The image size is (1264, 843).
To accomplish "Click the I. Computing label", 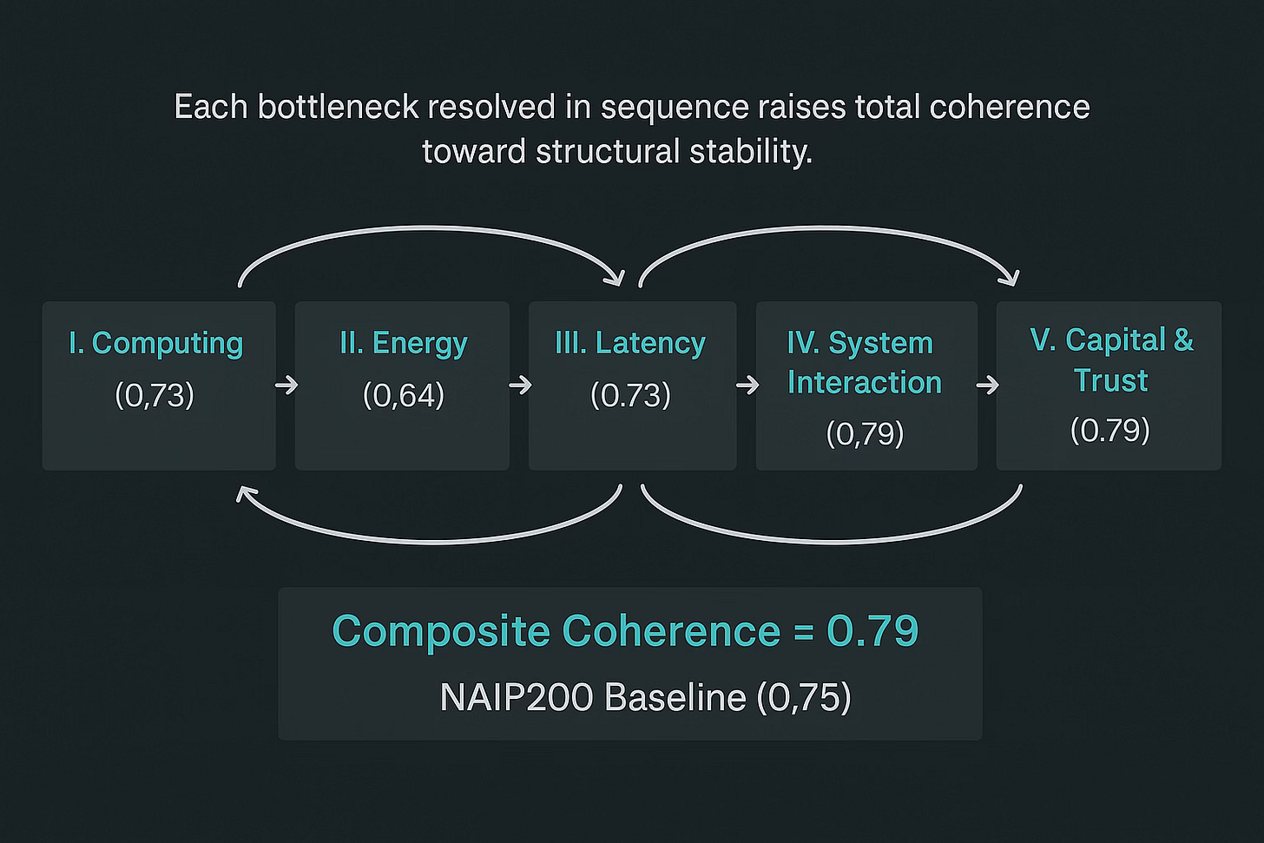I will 156,344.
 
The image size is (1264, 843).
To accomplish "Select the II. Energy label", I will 404,344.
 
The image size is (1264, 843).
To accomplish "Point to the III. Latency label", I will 630,344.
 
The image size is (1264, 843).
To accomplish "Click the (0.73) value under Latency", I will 631,396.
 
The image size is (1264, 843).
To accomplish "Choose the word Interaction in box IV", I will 865,383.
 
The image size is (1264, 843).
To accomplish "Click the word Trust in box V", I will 1110,381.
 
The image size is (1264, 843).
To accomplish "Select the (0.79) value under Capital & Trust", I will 1110,431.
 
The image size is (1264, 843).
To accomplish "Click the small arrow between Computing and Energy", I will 286,385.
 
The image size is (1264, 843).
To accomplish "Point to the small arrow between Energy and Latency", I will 520,385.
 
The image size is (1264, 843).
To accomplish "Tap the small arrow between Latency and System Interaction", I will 747,385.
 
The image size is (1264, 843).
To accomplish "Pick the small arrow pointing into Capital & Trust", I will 987,385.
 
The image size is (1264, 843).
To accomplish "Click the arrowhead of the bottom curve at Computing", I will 245,493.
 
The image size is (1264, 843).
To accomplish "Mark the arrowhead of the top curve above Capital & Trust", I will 1010,278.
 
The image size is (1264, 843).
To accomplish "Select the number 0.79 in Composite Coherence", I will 872,631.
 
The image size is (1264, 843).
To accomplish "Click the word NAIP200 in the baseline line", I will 516,697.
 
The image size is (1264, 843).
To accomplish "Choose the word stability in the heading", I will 751,152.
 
